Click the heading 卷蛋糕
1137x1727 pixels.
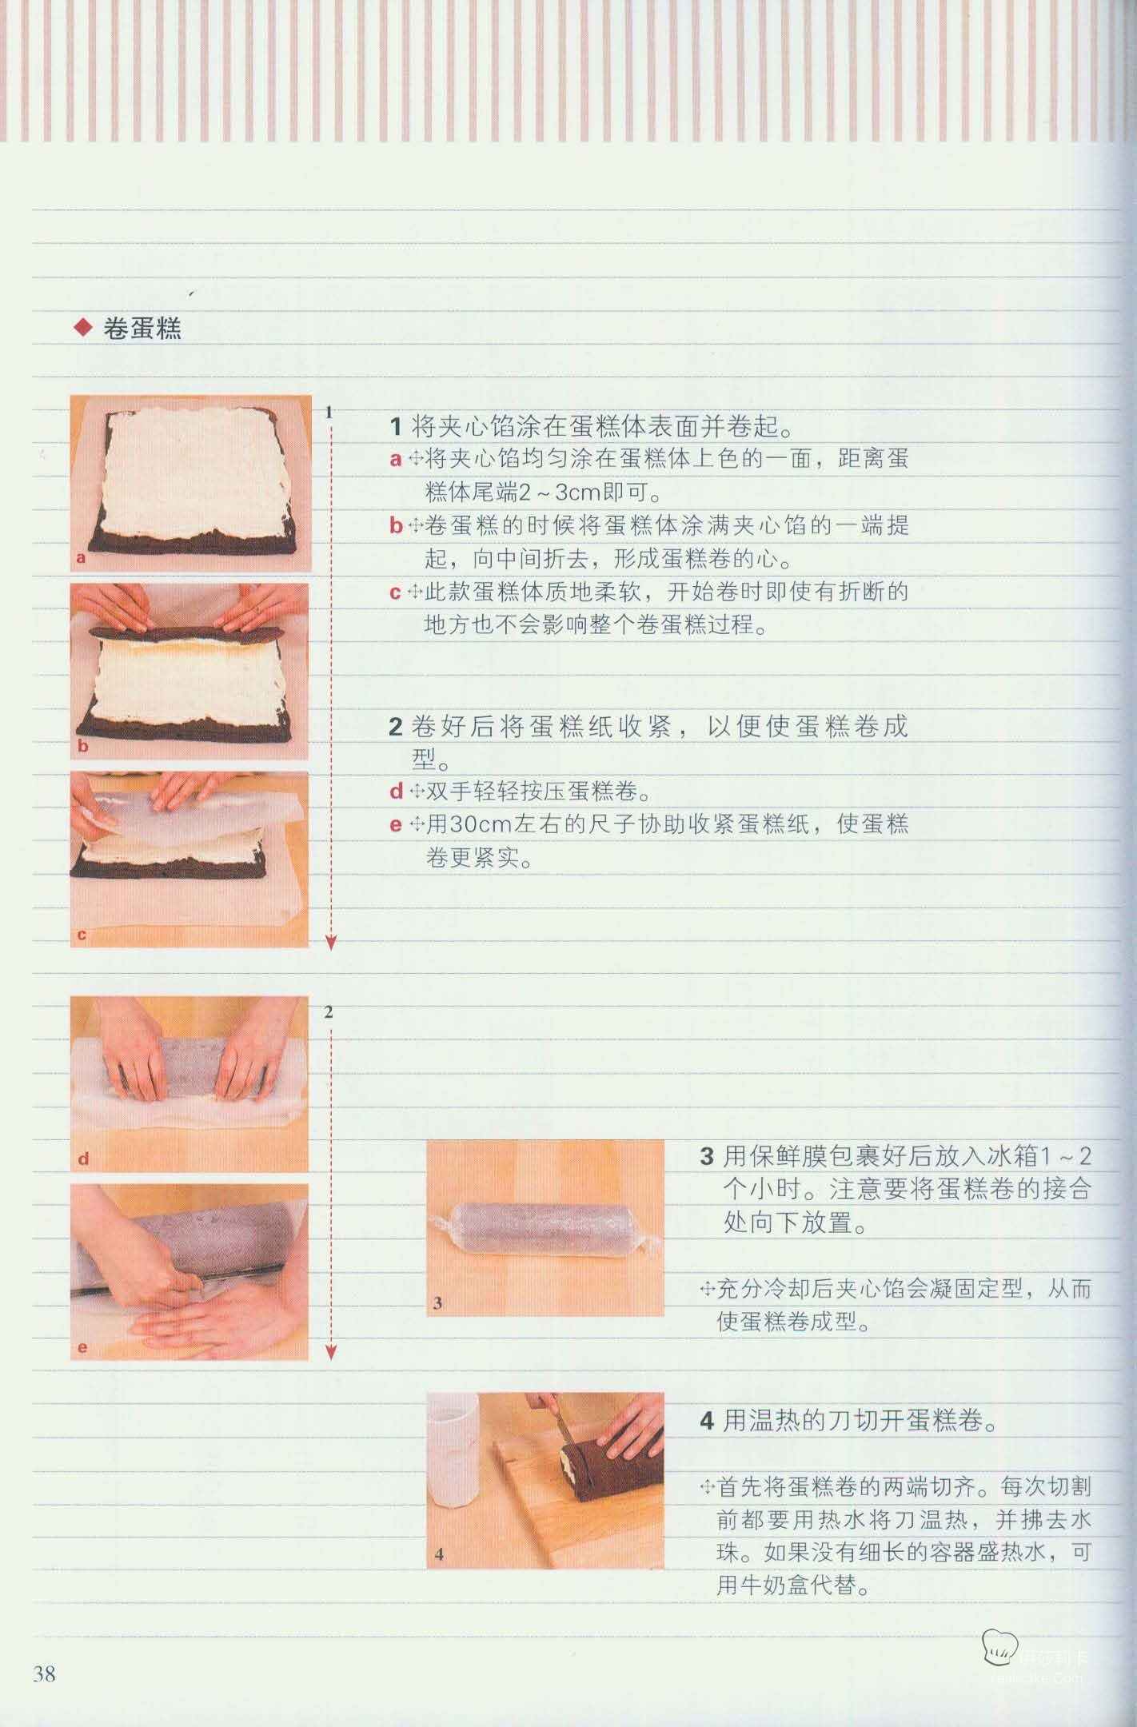pyautogui.click(x=142, y=329)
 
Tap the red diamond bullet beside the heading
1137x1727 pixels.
pyautogui.click(x=82, y=328)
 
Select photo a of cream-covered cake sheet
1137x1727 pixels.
pyautogui.click(x=190, y=484)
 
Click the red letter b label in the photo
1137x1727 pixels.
pyautogui.click(x=82, y=747)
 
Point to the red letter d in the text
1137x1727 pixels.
pyautogui.click(x=397, y=792)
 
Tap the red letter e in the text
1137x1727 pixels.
pyautogui.click(x=396, y=825)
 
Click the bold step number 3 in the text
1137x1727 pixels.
pyautogui.click(x=707, y=1157)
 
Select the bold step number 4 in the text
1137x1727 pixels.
pyautogui.click(x=707, y=1421)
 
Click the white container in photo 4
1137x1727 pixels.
pyautogui.click(x=453, y=1450)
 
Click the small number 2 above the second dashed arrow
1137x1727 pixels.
pyautogui.click(x=329, y=1012)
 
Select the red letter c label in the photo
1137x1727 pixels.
pyautogui.click(x=82, y=935)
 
